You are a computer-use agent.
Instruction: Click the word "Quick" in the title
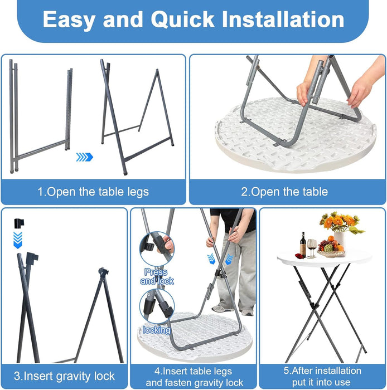tap(182, 19)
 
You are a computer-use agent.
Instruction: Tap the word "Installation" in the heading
tap(283, 19)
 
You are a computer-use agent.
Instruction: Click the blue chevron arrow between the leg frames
tap(84, 157)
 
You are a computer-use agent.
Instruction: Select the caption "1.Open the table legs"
tap(93, 192)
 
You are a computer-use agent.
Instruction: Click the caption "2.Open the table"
tap(284, 192)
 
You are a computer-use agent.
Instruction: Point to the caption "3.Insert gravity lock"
tap(64, 376)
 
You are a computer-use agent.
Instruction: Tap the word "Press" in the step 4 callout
tap(156, 272)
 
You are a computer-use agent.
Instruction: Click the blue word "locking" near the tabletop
tap(157, 330)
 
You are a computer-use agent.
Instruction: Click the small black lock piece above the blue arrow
tap(19, 223)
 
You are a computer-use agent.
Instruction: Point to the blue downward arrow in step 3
tap(18, 240)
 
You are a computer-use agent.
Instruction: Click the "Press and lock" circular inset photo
tap(157, 248)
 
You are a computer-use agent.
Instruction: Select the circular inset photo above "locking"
tap(157, 306)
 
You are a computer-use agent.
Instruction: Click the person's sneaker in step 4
tap(220, 309)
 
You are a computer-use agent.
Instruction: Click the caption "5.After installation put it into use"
tap(322, 376)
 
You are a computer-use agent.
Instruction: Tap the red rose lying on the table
tap(299, 256)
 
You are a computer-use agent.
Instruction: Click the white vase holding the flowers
tap(339, 239)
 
